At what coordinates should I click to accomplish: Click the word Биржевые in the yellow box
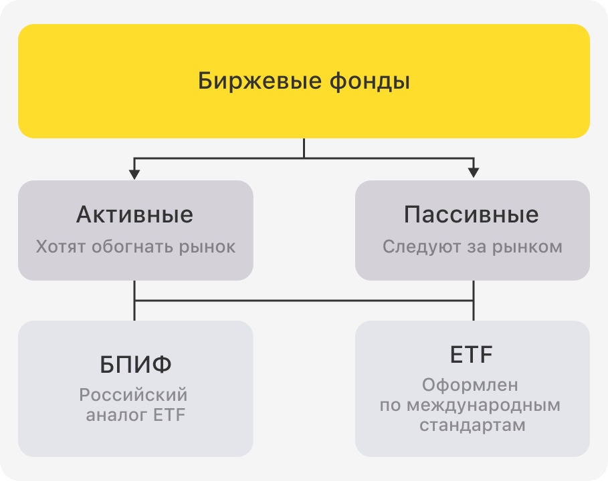click(260, 82)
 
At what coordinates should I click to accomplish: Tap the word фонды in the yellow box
click(369, 82)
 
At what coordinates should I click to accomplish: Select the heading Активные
click(134, 214)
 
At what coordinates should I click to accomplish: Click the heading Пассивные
click(472, 214)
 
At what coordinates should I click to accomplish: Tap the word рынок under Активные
click(207, 247)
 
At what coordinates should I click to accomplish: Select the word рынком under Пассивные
click(527, 247)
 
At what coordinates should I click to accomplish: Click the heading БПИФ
click(135, 365)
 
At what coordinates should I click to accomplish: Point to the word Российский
click(133, 395)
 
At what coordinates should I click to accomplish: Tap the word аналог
click(116, 415)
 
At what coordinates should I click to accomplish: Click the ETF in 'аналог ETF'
click(169, 415)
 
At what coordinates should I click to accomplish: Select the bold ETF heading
click(471, 354)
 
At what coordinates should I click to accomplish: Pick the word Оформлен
click(470, 385)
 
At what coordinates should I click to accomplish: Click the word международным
click(484, 406)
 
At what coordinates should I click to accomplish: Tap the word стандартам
click(472, 426)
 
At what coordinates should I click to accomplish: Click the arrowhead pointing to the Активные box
click(134, 174)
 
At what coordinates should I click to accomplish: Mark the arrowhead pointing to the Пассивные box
click(474, 173)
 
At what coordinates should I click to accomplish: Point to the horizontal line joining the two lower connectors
click(304, 300)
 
